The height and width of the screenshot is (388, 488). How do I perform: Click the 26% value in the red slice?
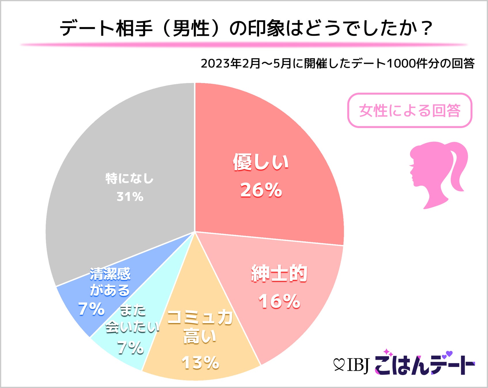coord(261,190)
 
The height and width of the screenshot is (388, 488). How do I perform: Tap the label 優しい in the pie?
coord(261,162)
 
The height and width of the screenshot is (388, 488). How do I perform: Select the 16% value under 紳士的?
coord(279,301)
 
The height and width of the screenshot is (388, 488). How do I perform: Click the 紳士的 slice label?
coord(279,273)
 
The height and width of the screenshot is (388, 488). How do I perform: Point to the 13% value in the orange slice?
coord(200,363)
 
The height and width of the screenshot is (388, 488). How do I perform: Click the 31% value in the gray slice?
coord(130,197)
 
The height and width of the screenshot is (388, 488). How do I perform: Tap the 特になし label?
coord(130,179)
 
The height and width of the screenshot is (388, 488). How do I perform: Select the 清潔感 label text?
coord(110,274)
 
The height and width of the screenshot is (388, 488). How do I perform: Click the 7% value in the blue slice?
coord(91,310)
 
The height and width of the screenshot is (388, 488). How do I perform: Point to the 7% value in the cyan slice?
coord(130,348)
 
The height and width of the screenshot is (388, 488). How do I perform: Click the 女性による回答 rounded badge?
coord(409,110)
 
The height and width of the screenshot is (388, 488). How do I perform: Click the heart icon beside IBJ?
coord(339,365)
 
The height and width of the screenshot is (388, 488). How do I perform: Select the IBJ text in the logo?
coord(358,365)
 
